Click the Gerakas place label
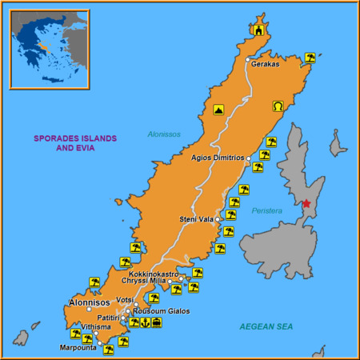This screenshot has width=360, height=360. [x=266, y=64]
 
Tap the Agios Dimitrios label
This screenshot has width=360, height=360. [x=218, y=158]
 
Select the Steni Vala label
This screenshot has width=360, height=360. [x=196, y=218]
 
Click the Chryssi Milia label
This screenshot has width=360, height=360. [x=143, y=281]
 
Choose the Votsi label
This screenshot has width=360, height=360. [x=125, y=300]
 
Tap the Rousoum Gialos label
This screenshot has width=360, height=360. [x=161, y=310]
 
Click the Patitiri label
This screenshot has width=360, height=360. [x=108, y=318]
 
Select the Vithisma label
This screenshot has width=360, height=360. [x=96, y=327]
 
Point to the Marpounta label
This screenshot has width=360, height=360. [x=78, y=347]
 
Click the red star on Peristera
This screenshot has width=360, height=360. [x=306, y=203]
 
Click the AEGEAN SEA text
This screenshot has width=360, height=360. [x=266, y=327]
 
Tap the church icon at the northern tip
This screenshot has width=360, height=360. [x=258, y=30]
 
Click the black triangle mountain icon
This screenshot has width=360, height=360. [x=218, y=110]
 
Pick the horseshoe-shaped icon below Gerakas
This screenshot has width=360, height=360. [x=278, y=106]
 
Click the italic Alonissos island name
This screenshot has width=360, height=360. [x=164, y=134]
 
